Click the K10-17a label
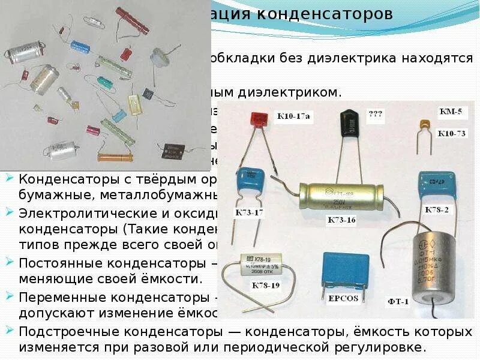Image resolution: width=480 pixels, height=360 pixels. [x=292, y=116]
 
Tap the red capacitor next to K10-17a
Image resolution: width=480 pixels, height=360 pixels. [x=259, y=121]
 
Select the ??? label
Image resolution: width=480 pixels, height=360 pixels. [x=376, y=113]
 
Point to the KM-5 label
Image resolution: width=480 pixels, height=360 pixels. [x=450, y=111]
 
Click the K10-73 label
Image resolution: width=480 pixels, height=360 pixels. [x=451, y=133]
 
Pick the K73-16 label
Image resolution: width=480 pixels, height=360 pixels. [x=341, y=220]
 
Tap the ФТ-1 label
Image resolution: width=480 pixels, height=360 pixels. [x=397, y=301]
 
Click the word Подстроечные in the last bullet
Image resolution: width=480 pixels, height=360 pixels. [x=67, y=332]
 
